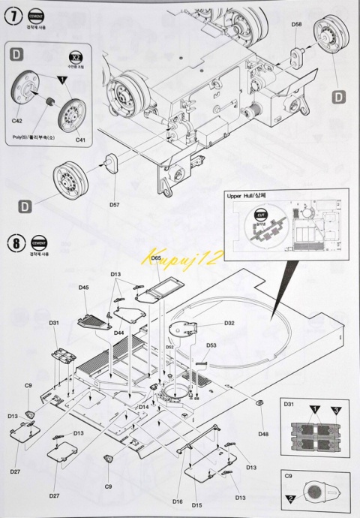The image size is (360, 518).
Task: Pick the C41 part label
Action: tap(80, 139)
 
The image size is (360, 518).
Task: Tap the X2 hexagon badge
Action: tap(75, 58)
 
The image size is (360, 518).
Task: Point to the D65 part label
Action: tap(156, 257)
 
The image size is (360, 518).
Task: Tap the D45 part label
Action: tap(84, 288)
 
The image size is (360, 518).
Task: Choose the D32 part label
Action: tap(229, 323)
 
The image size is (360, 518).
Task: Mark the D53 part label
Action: tap(211, 346)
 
